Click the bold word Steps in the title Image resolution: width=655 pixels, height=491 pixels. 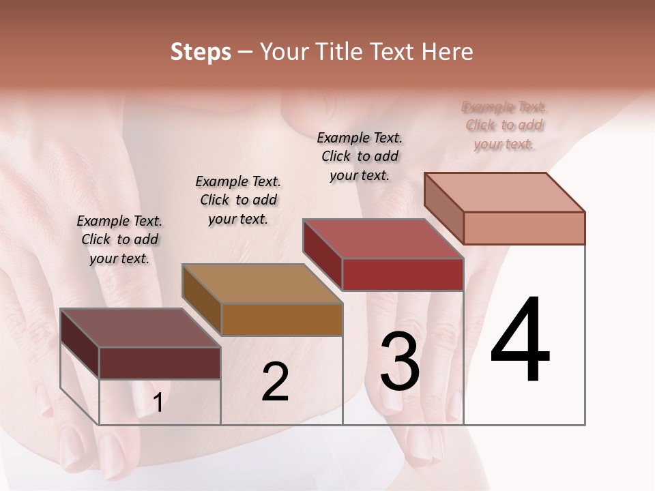pos(201,52)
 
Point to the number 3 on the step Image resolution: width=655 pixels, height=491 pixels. pos(400,361)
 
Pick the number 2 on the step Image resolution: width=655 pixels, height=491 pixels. pos(275,382)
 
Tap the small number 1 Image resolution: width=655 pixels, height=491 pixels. pos(158,402)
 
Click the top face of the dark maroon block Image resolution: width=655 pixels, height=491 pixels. pos(140,327)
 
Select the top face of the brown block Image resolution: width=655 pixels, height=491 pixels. pos(262,284)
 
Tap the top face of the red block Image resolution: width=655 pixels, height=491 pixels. pos(383,239)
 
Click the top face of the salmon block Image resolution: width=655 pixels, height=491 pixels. pos(505,192)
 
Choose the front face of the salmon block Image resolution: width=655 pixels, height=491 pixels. pos(524,228)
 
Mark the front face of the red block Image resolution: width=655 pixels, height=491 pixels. pos(403,274)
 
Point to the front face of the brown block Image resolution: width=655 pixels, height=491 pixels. pos(281,319)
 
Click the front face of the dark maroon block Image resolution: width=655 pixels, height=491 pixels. pos(160,363)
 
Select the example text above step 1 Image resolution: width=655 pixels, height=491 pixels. pos(119,239)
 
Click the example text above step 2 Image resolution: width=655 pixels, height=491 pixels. pos(238,200)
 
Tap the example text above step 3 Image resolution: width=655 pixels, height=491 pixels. pos(360,156)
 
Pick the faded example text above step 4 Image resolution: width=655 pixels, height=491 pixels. pos(504,125)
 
